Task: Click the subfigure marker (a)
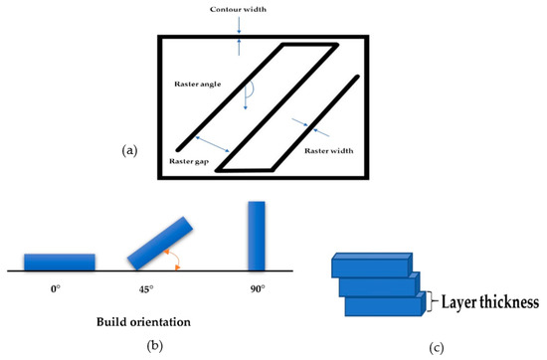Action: coord(128,150)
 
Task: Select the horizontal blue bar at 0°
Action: coord(59,262)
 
